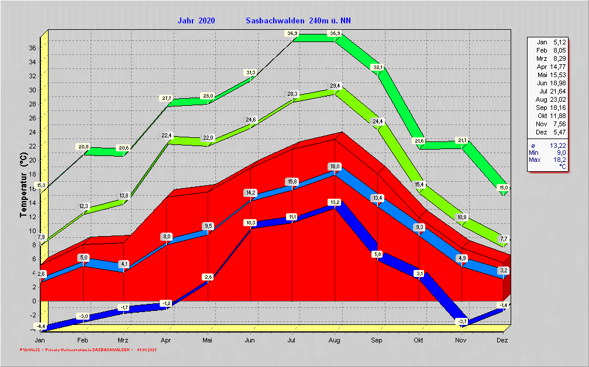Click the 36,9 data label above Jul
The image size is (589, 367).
292,33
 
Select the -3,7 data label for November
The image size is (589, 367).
462,321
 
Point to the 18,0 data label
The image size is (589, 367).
335,166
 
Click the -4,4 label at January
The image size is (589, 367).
40,326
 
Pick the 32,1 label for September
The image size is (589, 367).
378,67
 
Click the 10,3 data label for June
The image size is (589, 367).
250,223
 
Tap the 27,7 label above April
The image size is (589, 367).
166,98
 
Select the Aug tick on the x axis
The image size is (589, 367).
335,340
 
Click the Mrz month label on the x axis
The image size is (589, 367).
123,340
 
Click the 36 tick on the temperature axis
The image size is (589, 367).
33,48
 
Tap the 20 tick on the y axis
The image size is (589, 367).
33,160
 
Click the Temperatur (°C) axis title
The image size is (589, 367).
23,185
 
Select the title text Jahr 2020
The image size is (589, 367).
196,21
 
